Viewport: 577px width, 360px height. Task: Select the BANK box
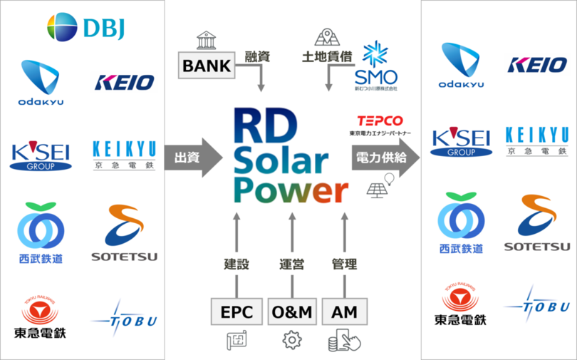pyautogui.click(x=207, y=66)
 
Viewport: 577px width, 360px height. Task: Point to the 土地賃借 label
pyautogui.click(x=326, y=56)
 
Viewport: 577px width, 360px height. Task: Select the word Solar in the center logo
pyautogui.click(x=281, y=162)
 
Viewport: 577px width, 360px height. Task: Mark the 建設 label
pyautogui.click(x=236, y=264)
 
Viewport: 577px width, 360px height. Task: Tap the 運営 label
pyautogui.click(x=291, y=264)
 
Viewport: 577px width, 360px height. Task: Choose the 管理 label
pyautogui.click(x=345, y=264)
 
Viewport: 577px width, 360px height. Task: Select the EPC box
pyautogui.click(x=236, y=312)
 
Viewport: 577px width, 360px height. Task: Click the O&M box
pyautogui.click(x=291, y=312)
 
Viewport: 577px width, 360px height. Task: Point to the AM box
pyautogui.click(x=344, y=312)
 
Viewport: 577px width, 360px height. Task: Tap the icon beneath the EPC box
pyautogui.click(x=236, y=341)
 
